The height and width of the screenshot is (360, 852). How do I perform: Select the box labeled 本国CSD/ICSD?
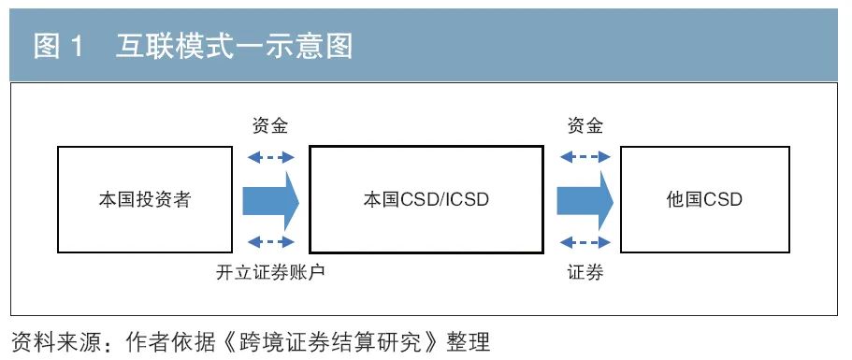point(426,199)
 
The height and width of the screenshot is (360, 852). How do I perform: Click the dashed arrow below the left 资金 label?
point(270,157)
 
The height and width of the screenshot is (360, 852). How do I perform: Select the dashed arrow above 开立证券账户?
point(270,243)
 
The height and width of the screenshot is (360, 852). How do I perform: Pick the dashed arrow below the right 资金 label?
point(585,157)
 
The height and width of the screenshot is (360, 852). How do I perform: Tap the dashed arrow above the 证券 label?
point(585,243)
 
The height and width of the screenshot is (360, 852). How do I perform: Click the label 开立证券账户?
point(270,272)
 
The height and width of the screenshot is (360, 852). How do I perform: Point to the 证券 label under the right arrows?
point(585,272)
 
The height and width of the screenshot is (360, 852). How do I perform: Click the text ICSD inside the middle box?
point(466,200)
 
